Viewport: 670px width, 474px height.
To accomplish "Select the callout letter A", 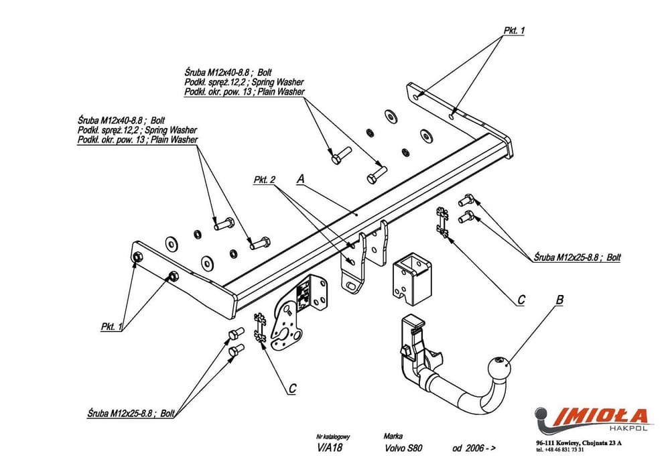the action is click(300, 178).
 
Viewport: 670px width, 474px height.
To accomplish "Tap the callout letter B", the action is click(559, 300).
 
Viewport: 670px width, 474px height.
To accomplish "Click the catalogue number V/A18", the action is click(330, 448).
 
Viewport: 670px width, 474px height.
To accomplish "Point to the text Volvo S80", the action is click(403, 448).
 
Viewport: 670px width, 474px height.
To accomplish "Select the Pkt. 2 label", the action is click(265, 180).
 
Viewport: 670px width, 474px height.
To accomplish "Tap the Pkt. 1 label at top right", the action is click(514, 30).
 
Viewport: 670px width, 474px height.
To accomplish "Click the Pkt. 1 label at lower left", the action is click(112, 327).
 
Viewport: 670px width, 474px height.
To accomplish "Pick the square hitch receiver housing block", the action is click(411, 278).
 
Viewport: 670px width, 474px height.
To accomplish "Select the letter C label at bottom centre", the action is click(292, 388).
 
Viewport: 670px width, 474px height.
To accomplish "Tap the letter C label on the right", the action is click(521, 300).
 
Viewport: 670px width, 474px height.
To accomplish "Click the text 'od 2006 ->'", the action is click(474, 448).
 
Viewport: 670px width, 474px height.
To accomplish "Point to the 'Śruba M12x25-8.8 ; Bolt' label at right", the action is click(577, 257).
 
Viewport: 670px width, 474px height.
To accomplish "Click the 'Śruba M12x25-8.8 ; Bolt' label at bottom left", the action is click(131, 413).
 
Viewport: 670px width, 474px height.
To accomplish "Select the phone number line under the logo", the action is click(561, 450).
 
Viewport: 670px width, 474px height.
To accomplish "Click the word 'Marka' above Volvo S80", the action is click(393, 436).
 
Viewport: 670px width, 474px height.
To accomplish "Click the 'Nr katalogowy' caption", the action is click(333, 437).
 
